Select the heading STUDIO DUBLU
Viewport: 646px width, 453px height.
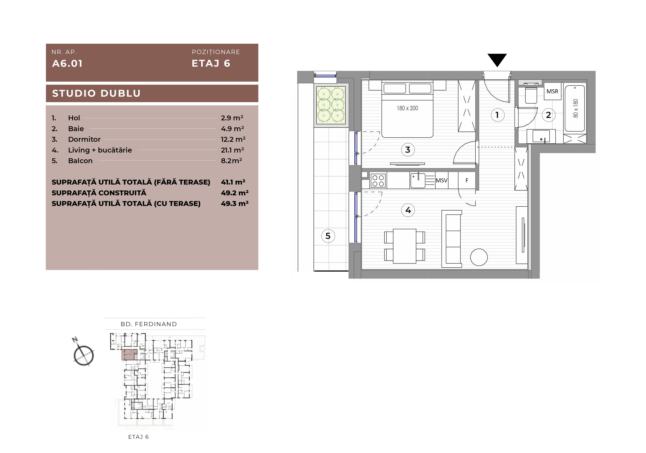96,93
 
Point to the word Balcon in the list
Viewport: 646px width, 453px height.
80,161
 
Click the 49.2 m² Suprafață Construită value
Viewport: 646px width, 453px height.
235,193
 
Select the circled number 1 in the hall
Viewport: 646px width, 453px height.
497,115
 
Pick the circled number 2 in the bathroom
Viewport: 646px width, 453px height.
548,115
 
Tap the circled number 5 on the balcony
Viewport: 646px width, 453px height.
328,236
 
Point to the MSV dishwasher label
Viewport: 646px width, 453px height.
441,180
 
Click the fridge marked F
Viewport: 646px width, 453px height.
467,180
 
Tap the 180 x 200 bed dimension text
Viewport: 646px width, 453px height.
407,108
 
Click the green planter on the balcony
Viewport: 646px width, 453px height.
331,105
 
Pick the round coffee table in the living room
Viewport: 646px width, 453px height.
479,257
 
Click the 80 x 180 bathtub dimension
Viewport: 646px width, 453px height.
576,108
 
